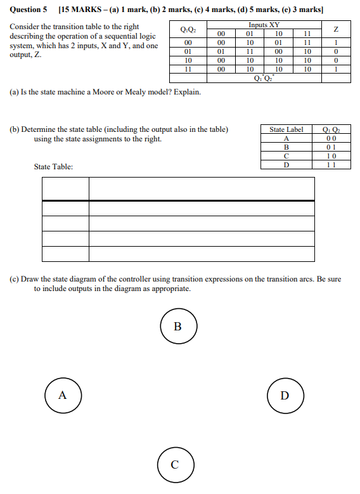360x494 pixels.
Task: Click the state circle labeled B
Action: coord(177,327)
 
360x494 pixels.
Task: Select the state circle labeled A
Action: coord(62,394)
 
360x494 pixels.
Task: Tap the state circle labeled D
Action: coord(285,395)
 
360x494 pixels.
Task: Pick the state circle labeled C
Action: coord(175,464)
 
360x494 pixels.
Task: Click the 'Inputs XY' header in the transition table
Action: coord(263,25)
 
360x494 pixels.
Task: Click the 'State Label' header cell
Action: coord(286,129)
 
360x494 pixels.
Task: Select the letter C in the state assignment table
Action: coord(286,156)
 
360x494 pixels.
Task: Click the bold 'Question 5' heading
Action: coord(29,10)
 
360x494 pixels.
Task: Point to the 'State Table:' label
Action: coord(53,167)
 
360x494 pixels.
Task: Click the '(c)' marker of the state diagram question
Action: coord(14,279)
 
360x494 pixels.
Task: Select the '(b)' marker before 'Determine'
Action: coord(14,130)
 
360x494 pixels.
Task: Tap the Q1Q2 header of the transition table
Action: coord(188,29)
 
